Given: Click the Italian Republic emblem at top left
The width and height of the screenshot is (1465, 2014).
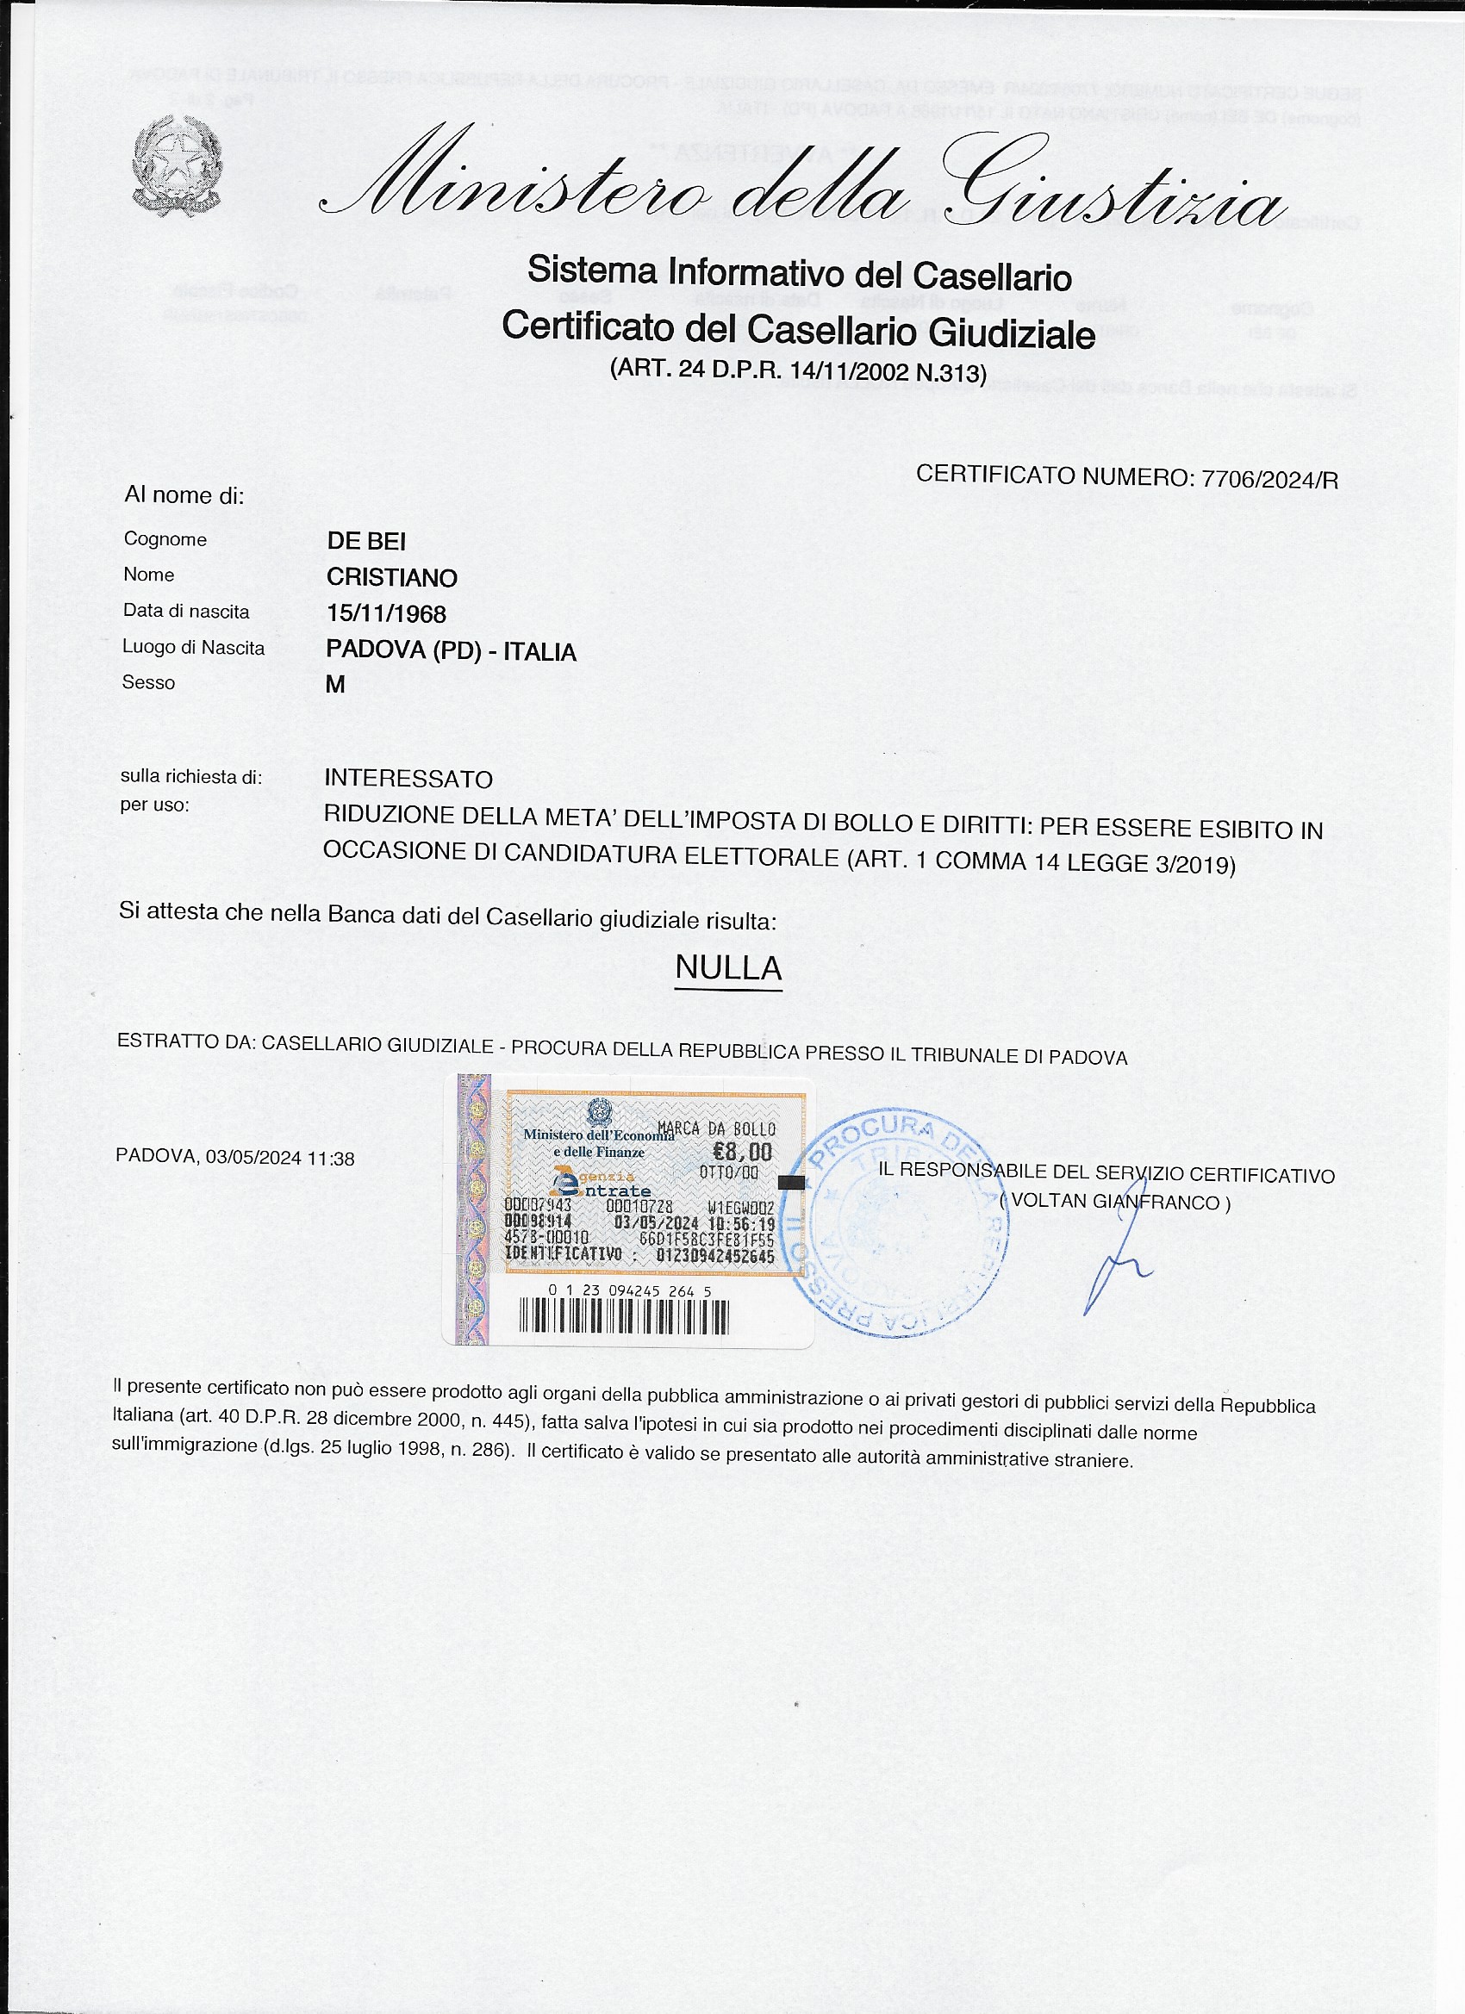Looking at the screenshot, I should coord(177,166).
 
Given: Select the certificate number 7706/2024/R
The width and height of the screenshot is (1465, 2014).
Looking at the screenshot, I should coord(1269,480).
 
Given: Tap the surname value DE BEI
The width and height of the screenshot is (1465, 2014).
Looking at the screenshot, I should coord(366,541).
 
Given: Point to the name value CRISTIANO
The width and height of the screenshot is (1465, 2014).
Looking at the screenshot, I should coord(392,577).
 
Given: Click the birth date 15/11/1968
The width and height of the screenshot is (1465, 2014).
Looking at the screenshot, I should coord(385,613).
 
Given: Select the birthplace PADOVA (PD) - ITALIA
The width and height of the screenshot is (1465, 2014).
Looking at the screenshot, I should coord(451,651).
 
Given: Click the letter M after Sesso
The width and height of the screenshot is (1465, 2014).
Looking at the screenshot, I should coord(335,685).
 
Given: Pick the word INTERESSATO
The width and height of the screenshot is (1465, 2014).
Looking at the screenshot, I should coord(408,779).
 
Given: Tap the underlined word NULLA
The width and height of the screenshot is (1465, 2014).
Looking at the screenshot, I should coord(727,968).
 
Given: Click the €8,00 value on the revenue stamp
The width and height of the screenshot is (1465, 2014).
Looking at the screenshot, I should coord(743,1153).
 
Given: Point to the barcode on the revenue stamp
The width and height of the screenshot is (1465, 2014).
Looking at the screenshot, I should coord(623,1318).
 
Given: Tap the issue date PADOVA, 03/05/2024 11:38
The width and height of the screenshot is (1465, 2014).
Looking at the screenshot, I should coord(235,1158).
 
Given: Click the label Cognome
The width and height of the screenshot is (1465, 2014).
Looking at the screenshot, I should coord(165,539).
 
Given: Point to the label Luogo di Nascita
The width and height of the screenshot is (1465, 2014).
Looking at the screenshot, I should coord(194,648).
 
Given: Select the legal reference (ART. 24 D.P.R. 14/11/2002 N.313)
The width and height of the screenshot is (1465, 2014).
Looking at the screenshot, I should coord(798,370).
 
